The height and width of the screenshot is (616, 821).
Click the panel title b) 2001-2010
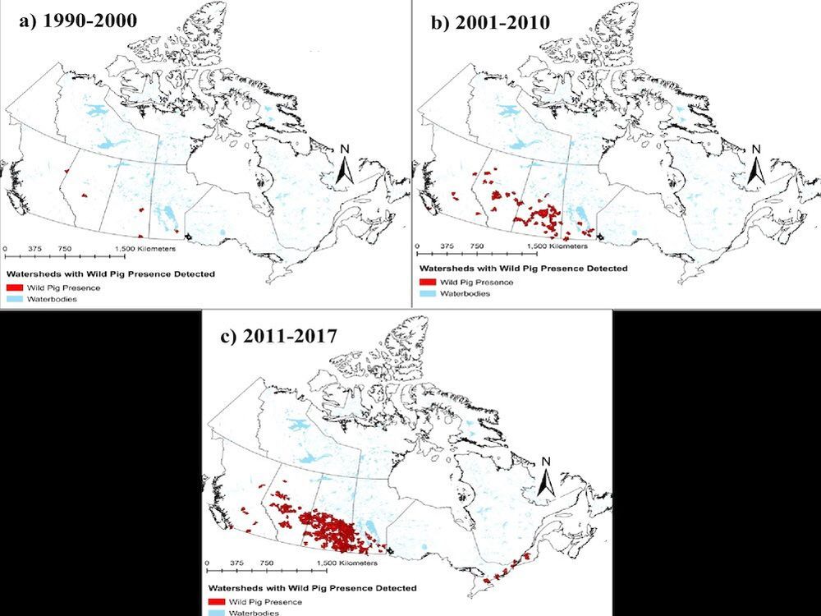[490, 22]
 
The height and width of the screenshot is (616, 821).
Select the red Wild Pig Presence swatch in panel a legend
[14, 288]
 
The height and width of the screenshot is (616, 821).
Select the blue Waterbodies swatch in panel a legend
[14, 300]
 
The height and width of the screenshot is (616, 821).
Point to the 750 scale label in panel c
[266, 563]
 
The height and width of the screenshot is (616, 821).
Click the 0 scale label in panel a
[5, 249]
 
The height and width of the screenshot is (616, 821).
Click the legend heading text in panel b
[523, 269]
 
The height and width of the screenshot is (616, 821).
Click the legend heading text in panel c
[313, 588]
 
